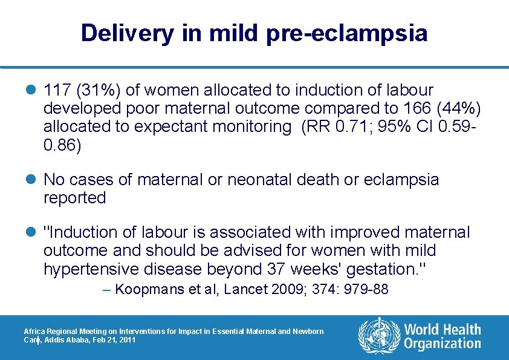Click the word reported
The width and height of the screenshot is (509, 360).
click(x=74, y=198)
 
